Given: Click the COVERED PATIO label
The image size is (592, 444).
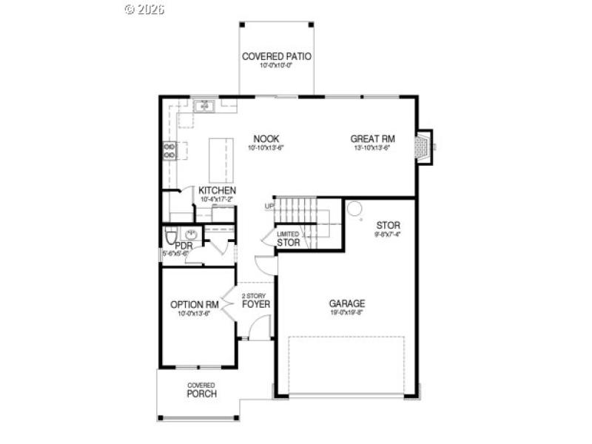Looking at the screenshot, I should point(276,56).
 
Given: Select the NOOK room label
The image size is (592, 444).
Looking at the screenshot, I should point(266,138).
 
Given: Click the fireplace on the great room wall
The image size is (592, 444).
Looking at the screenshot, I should point(423,147).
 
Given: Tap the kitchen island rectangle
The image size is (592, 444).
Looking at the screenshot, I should point(221,159).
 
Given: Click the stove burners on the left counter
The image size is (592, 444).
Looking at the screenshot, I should point(169,151).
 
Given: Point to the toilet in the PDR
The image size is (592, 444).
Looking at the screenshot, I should point(170,238).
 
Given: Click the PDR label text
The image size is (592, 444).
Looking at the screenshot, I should point(184,245).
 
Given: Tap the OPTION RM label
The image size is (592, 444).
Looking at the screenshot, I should point(194,304).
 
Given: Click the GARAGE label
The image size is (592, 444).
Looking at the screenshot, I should point(347,303).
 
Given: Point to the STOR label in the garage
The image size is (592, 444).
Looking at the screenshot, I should point(388,225).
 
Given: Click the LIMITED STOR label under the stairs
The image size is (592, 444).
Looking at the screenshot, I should point(289,238).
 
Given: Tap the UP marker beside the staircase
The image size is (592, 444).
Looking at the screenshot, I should point(269,206).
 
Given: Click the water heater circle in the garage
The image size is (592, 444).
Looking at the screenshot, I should point(354,208).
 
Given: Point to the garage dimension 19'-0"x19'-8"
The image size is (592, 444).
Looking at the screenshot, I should point(347,313).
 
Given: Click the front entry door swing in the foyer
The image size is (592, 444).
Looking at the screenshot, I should point(259,329).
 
